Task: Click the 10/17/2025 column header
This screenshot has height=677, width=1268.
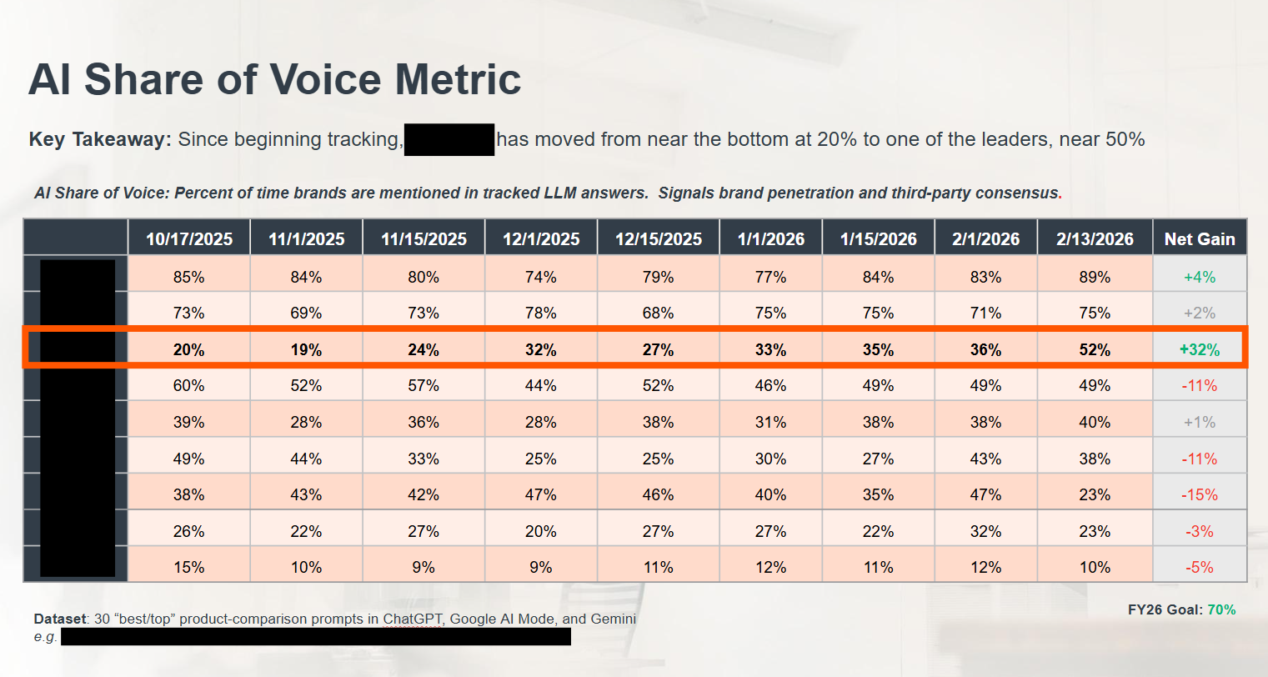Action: pyautogui.click(x=188, y=239)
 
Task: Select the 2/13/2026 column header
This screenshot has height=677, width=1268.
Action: pyautogui.click(x=1095, y=239)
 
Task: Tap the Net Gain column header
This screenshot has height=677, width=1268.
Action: pyautogui.click(x=1199, y=239)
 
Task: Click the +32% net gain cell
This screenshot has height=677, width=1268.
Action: pyautogui.click(x=1199, y=350)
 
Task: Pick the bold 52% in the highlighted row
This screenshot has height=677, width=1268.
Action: pyautogui.click(x=1095, y=350)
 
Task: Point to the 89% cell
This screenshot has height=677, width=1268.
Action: pyautogui.click(x=1095, y=277)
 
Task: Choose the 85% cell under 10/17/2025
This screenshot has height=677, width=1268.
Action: pyautogui.click(x=188, y=277)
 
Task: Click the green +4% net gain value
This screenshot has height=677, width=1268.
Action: pyautogui.click(x=1199, y=277)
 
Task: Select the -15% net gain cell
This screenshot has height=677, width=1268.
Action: pyautogui.click(x=1199, y=495)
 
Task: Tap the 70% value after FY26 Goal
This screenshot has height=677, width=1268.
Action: pyautogui.click(x=1221, y=609)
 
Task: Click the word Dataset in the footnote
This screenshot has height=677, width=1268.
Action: pyautogui.click(x=60, y=619)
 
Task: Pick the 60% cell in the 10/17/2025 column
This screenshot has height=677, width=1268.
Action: pyautogui.click(x=188, y=386)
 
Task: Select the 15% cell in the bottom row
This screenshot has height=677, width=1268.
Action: pyautogui.click(x=188, y=568)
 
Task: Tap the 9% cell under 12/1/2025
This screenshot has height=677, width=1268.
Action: pyautogui.click(x=540, y=568)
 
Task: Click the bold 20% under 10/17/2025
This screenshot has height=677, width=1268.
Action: pyautogui.click(x=188, y=350)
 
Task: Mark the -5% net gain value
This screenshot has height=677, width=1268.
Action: pyautogui.click(x=1199, y=568)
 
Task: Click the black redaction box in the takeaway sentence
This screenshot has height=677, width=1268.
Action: pyautogui.click(x=449, y=139)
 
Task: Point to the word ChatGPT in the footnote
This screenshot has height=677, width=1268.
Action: pyautogui.click(x=410, y=619)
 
